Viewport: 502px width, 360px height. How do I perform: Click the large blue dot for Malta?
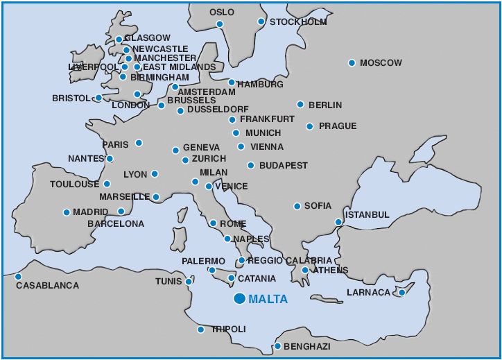click(239, 299)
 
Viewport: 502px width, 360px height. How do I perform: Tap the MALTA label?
click(268, 300)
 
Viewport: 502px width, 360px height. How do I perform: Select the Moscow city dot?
click(352, 63)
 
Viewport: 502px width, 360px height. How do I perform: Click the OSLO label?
click(222, 12)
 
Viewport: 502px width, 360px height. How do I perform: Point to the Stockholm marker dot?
click(261, 22)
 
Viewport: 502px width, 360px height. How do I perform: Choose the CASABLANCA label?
click(47, 285)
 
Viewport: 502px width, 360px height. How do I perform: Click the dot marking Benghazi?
click(277, 346)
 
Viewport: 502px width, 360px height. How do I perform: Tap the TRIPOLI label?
click(228, 329)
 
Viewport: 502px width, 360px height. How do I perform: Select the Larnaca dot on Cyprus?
click(401, 293)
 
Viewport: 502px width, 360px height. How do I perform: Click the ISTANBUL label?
click(367, 215)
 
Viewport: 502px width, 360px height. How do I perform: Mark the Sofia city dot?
click(297, 206)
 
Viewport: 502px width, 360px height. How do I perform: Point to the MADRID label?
click(90, 212)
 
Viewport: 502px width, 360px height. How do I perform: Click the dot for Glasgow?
click(119, 40)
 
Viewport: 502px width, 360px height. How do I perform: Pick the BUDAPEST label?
click(283, 166)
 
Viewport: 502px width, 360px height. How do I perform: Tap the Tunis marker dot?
click(189, 282)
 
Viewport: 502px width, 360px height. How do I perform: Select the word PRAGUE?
click(337, 126)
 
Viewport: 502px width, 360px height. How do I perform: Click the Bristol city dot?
click(98, 98)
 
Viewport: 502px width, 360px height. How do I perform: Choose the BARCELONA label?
click(116, 224)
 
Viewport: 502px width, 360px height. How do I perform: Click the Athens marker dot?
click(304, 271)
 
